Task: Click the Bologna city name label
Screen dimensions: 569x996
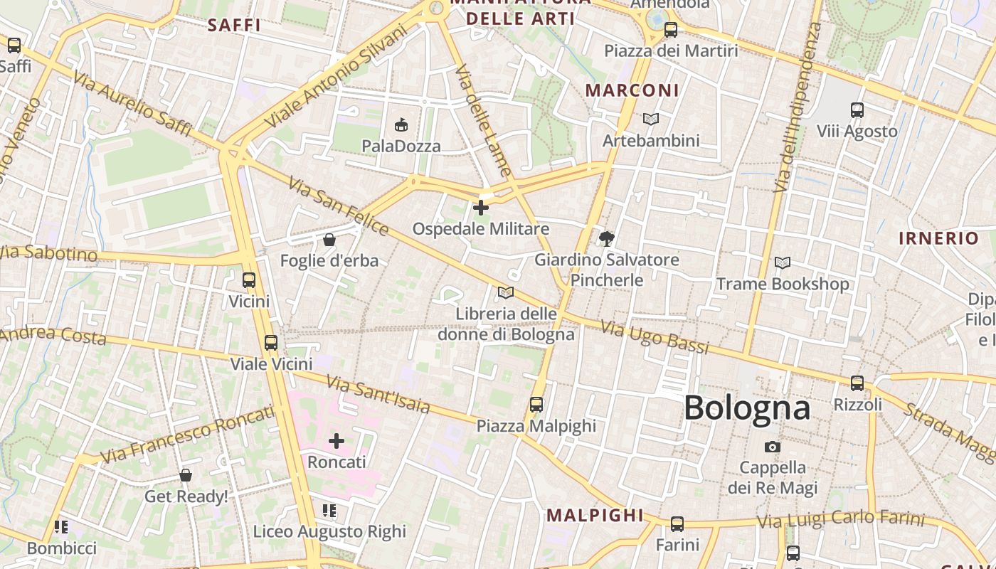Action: click(747, 408)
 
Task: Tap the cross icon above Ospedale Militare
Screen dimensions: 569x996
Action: click(481, 208)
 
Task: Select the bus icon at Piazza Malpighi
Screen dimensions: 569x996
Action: click(536, 405)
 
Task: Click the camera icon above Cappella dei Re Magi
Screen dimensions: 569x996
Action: click(773, 447)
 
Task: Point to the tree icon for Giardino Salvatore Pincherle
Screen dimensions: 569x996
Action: click(607, 238)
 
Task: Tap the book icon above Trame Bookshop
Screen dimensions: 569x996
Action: click(783, 263)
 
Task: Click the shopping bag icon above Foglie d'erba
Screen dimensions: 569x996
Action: click(329, 240)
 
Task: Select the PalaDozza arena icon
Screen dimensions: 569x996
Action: click(401, 125)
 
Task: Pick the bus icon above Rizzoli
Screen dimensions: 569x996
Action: click(857, 383)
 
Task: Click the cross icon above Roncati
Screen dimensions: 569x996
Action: click(337, 441)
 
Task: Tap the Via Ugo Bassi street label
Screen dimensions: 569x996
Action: click(655, 337)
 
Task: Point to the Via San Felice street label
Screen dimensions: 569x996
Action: click(339, 207)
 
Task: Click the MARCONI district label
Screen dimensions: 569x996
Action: click(632, 90)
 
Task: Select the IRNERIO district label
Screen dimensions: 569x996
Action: click(938, 238)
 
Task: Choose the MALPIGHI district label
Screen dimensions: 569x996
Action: click(595, 515)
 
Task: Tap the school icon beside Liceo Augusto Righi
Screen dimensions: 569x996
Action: click(329, 510)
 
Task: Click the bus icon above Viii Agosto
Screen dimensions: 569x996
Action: click(857, 110)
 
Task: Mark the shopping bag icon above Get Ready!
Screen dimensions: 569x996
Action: click(186, 474)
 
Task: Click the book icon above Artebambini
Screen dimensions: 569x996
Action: click(651, 119)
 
